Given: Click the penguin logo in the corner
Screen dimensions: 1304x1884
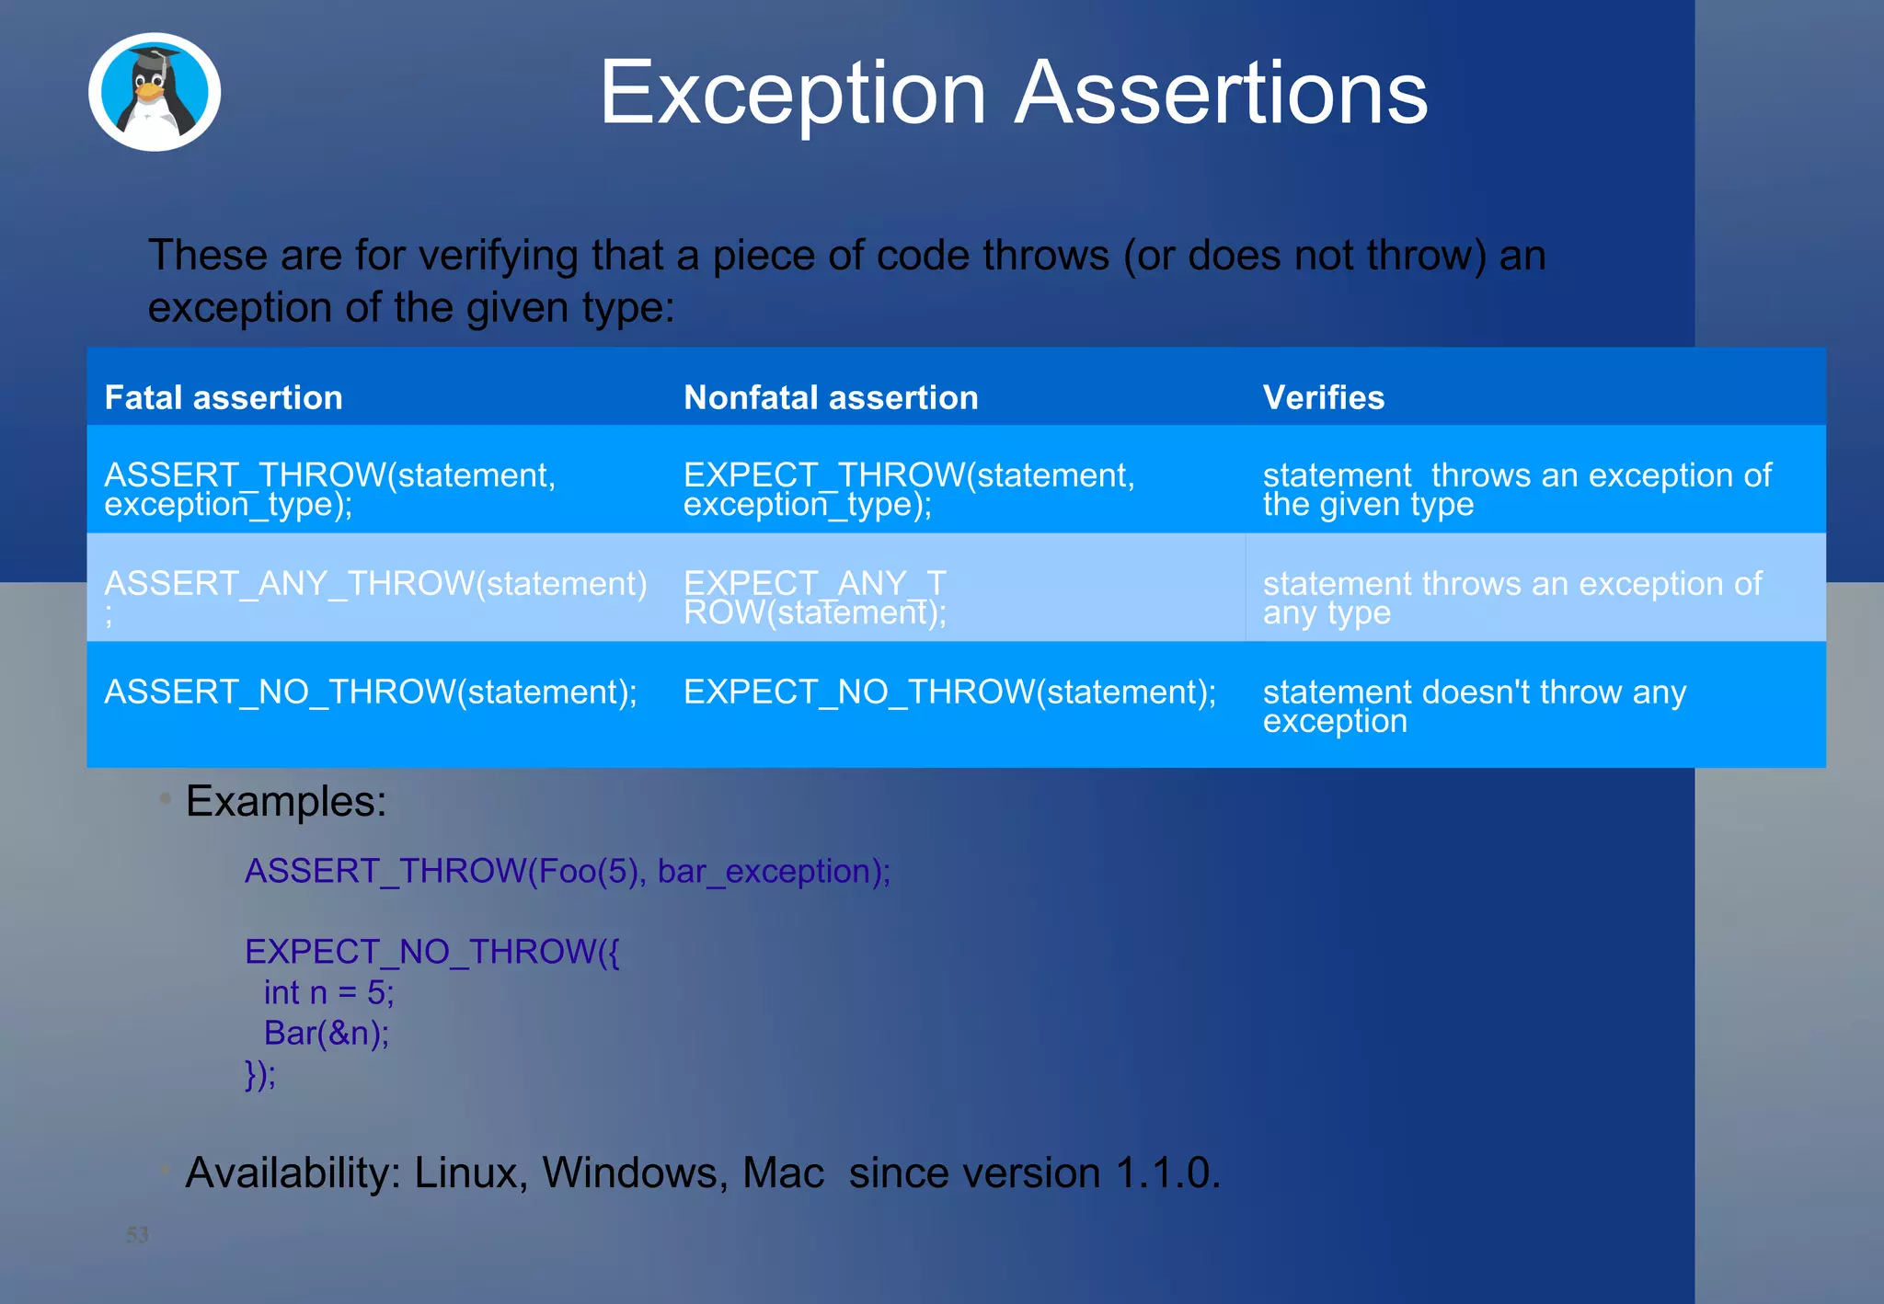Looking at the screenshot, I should point(155,93).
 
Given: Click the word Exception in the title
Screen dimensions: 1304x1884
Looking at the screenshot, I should point(793,93).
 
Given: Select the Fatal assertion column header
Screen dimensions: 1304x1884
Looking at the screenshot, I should point(224,397).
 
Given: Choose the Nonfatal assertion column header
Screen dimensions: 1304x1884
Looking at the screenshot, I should point(831,397).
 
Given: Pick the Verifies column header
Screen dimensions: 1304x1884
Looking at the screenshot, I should point(1323,397).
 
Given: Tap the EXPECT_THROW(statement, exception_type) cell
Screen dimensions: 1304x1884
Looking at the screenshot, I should point(909,489).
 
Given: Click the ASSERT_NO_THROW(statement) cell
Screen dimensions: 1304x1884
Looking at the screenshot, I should point(371,692).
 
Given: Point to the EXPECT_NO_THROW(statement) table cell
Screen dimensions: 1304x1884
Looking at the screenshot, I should point(949,692).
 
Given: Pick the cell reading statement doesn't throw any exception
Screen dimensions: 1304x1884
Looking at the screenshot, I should point(1474,706).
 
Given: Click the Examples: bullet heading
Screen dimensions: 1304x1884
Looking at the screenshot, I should point(286,801).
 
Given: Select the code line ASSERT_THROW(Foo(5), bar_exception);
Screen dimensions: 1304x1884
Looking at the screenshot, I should point(567,871).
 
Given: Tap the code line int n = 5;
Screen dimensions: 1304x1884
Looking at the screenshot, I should point(328,993).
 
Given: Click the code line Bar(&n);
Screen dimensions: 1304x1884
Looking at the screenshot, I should point(327,1034).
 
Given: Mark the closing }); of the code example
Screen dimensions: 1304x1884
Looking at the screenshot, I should point(260,1074).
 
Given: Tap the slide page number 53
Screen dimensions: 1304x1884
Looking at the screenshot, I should point(137,1235).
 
